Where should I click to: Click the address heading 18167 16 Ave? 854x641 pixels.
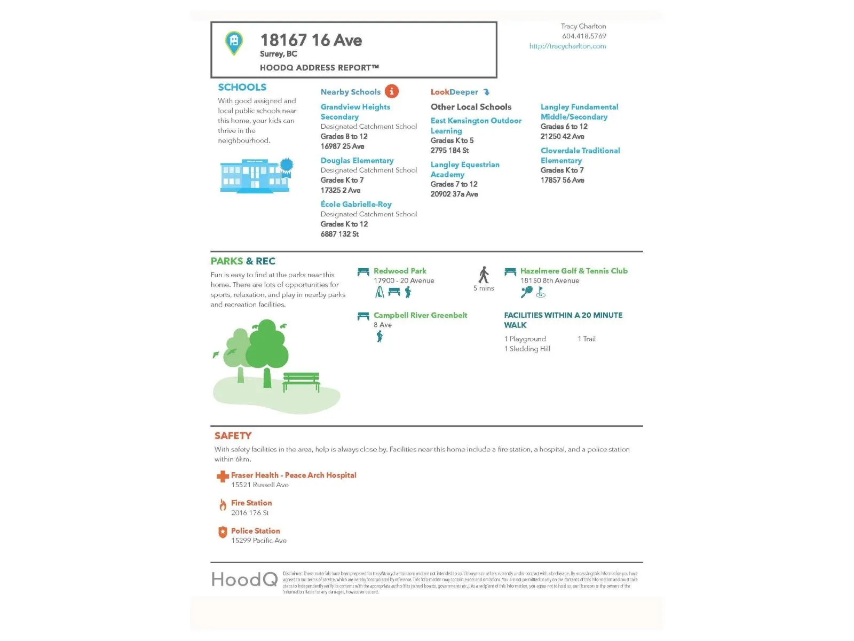click(x=311, y=41)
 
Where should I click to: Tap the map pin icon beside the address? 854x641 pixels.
click(x=234, y=43)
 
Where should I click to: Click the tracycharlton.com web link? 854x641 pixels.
click(x=567, y=46)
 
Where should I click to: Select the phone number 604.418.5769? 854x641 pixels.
click(x=584, y=36)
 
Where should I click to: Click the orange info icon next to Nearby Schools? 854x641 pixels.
click(x=392, y=91)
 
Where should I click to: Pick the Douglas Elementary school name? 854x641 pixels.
click(x=357, y=161)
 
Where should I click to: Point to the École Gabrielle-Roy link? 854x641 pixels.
click(x=356, y=205)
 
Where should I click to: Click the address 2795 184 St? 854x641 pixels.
click(x=449, y=151)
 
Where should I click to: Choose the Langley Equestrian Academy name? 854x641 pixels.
click(x=465, y=169)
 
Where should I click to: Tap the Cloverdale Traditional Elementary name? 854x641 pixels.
click(x=580, y=155)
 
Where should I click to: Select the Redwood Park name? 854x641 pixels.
click(x=400, y=271)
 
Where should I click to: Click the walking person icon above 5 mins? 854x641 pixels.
click(x=484, y=275)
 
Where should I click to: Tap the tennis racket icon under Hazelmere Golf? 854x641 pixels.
click(x=526, y=292)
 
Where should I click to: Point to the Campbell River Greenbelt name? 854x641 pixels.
click(x=420, y=315)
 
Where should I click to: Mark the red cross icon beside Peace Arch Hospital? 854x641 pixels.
click(x=223, y=476)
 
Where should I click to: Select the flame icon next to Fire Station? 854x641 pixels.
click(x=223, y=505)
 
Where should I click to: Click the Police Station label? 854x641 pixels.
click(x=255, y=531)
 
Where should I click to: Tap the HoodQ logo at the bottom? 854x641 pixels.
click(x=244, y=580)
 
